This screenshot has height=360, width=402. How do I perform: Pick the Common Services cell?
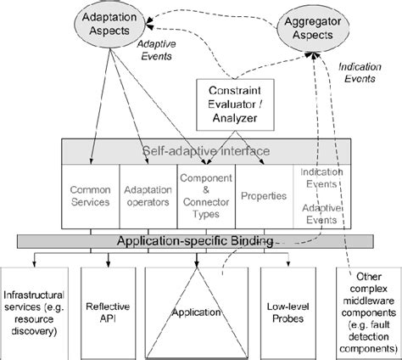[x=91, y=196]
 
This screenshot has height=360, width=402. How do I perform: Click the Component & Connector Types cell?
[x=204, y=196]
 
